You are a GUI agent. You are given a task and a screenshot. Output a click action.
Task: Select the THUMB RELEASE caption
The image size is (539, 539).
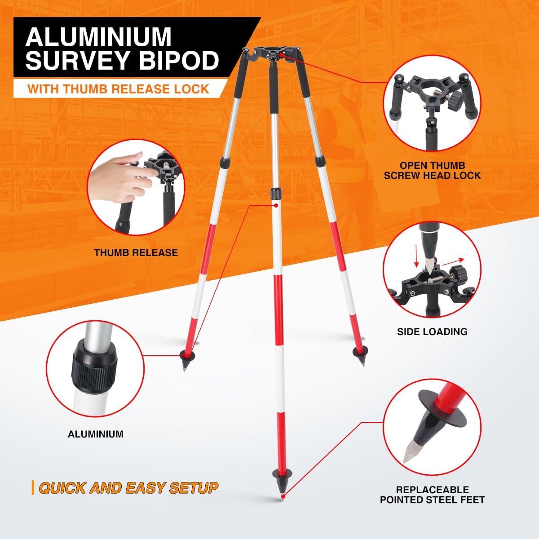tap(136, 252)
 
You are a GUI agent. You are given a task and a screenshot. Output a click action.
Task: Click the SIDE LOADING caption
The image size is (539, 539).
tap(432, 332)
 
